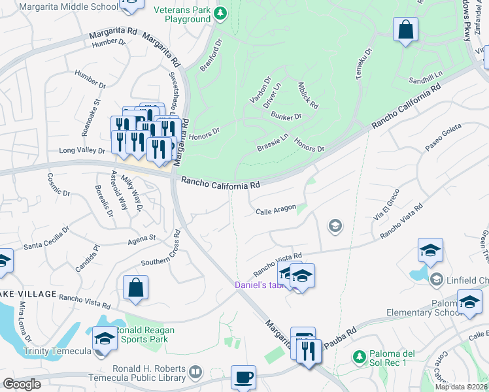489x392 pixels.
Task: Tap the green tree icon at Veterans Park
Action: coord(221,12)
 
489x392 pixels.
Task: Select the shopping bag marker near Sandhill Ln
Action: coord(405,30)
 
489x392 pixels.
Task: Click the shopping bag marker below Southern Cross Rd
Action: coord(135,288)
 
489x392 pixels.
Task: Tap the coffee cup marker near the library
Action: coord(243,377)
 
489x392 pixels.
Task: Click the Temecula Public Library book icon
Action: coord(195,372)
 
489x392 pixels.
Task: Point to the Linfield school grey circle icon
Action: coord(436,280)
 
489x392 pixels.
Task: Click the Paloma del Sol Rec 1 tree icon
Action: coord(358,357)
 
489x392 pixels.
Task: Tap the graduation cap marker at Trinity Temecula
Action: coord(105,338)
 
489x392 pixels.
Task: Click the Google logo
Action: coord(22,384)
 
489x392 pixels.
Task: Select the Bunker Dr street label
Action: coord(286,116)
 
